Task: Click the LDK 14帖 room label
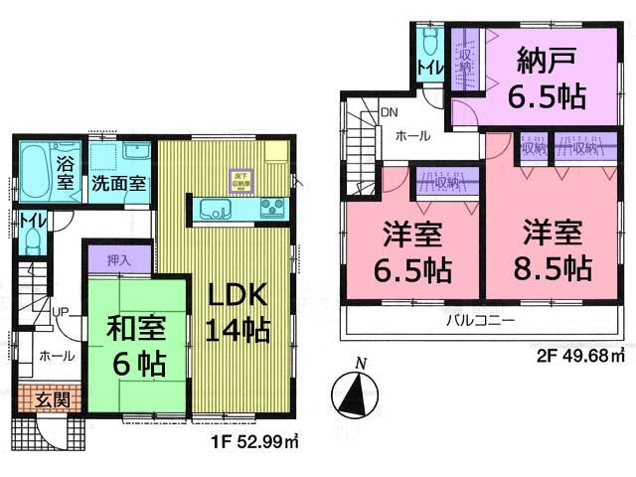coord(238,314)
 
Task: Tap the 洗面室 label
coord(119,184)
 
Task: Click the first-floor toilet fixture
coord(30,238)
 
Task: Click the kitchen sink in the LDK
coord(217,209)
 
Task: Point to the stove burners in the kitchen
coord(271,209)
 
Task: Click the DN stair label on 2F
coord(389,112)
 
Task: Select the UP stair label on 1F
coord(61,312)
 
